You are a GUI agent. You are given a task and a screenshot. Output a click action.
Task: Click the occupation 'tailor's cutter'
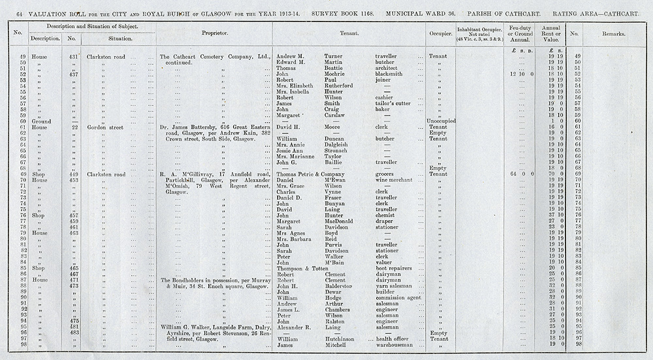pos(394,103)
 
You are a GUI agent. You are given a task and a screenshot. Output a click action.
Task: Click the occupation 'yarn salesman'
pos(396,286)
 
